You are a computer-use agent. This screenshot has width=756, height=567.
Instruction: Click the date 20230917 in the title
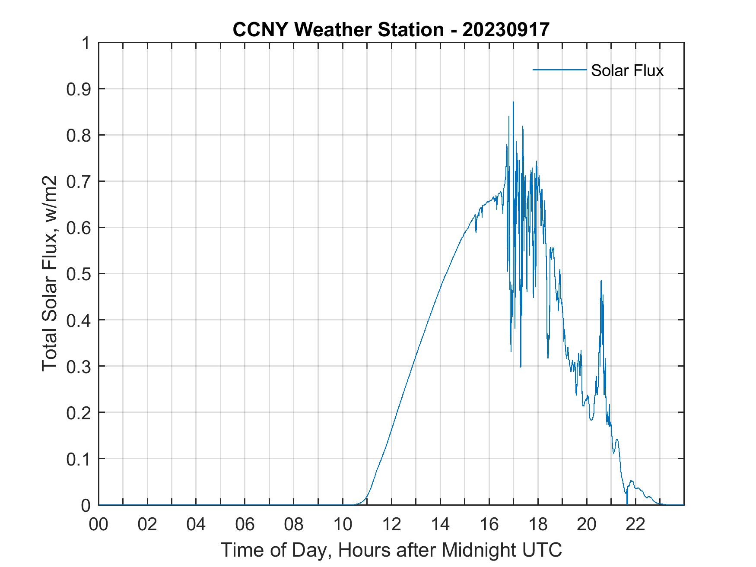[x=505, y=30]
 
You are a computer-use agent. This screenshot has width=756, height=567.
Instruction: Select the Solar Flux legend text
[x=627, y=70]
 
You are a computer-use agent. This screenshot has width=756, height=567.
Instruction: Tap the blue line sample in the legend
[x=559, y=70]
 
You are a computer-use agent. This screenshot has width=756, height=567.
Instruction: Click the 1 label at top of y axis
[x=86, y=43]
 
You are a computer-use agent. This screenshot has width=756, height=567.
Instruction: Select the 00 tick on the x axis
[x=99, y=524]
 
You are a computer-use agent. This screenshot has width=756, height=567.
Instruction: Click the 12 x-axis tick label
[x=391, y=524]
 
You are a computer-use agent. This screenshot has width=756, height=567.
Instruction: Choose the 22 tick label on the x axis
[x=635, y=524]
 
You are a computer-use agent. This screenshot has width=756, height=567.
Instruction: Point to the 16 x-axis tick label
[x=489, y=524]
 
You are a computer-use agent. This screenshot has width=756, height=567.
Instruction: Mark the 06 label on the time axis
[x=245, y=524]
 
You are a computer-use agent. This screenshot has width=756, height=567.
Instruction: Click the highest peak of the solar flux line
[x=513, y=102]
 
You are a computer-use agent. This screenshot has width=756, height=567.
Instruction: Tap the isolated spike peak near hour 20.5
[x=601, y=281]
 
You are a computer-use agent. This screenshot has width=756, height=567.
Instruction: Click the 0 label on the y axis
[x=86, y=505]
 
